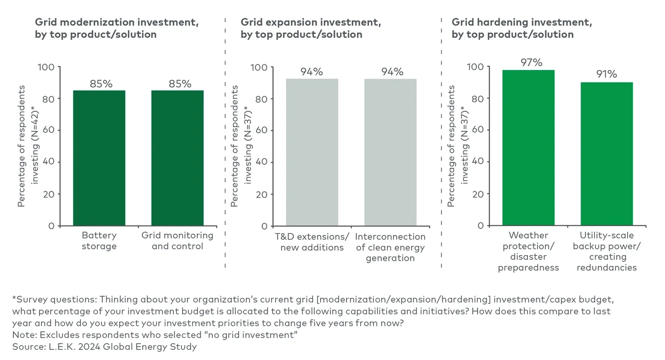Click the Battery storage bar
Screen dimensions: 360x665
(99, 158)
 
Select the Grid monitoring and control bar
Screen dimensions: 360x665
(177, 158)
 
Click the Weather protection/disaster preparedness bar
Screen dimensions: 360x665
(528, 148)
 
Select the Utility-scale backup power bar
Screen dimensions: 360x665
(607, 153)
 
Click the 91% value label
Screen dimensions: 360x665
(606, 74)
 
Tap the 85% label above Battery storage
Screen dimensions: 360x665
(101, 83)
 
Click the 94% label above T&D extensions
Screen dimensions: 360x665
(312, 72)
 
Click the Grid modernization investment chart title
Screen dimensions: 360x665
(117, 29)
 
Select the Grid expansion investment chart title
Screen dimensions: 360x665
(311, 29)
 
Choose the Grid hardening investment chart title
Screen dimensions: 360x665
(522, 29)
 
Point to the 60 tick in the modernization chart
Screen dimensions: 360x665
(49, 130)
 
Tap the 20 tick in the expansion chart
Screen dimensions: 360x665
(261, 194)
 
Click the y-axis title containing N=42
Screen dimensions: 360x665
(28, 146)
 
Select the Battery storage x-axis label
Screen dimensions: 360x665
(99, 241)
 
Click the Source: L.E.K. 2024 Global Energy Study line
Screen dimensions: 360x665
(104, 347)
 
